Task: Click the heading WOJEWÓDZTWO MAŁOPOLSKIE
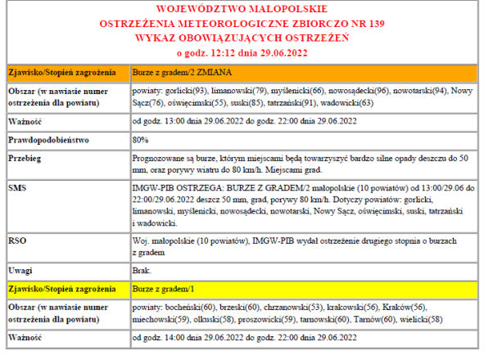point(246,10)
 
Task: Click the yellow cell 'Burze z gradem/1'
point(164,290)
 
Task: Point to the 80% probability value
point(140,140)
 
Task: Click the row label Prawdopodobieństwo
point(47,140)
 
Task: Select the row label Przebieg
point(25,158)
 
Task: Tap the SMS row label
point(18,187)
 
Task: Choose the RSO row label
point(18,241)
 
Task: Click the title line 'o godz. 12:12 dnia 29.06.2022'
point(246,52)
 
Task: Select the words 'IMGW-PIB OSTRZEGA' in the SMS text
point(172,187)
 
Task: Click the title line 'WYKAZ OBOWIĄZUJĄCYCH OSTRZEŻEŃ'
point(246,38)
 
